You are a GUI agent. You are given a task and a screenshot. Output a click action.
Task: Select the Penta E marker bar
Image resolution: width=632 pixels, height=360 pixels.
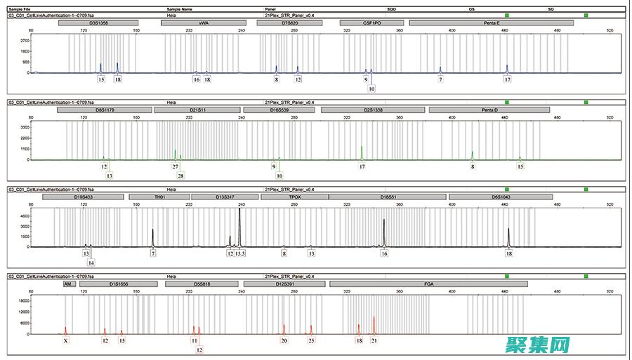pos(492,23)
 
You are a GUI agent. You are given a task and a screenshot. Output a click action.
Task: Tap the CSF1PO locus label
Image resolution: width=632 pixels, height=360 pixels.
pos(371,23)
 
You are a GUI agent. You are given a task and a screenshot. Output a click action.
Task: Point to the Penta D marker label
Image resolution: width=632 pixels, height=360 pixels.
pos(489,110)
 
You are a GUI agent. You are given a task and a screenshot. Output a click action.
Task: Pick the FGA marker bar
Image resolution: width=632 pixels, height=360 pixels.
pos(428,284)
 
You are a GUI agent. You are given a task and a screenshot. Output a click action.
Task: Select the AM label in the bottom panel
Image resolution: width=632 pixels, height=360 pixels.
pos(69,284)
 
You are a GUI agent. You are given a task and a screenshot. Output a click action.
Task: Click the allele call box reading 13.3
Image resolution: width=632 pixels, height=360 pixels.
pos(240,253)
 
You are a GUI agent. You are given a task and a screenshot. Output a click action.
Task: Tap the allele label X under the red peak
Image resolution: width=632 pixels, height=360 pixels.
pos(65,340)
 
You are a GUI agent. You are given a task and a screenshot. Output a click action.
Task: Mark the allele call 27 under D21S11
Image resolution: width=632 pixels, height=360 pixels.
pos(176,166)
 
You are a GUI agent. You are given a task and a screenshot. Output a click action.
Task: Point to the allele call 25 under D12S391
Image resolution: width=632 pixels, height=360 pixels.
pos(311,340)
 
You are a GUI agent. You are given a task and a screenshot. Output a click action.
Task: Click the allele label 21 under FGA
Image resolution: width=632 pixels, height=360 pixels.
pos(374,340)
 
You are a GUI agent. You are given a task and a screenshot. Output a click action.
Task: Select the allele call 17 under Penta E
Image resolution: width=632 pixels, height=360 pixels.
pos(507,79)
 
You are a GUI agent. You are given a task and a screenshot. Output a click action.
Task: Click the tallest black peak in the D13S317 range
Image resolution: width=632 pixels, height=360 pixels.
pos(239,211)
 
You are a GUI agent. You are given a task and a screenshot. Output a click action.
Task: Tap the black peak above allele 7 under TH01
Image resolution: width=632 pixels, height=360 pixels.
pos(152,230)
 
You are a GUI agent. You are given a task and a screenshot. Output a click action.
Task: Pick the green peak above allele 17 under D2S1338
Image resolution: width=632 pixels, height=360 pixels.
pos(362,147)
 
